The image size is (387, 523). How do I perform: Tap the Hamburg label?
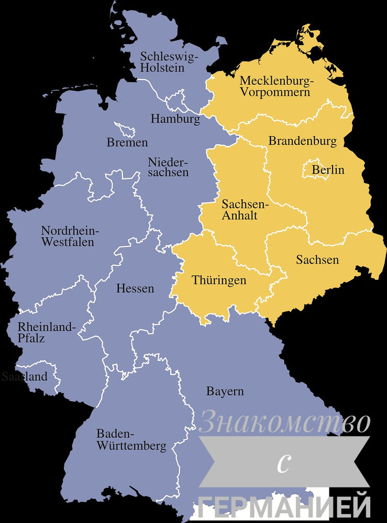tap(175, 119)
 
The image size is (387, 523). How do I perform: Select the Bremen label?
tap(127, 142)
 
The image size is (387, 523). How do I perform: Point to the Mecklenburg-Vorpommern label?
tap(275, 86)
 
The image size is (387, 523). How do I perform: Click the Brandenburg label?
tap(302, 141)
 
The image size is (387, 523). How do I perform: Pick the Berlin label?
tap(328, 170)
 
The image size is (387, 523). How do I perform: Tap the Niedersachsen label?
tap(168, 167)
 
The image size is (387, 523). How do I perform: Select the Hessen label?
tap(135, 288)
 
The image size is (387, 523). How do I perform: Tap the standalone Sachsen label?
tap(317, 260)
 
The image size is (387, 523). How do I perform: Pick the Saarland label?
tap(25, 377)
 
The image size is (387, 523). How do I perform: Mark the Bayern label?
tap(225, 391)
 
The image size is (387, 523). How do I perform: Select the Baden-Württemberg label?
tap(131, 440)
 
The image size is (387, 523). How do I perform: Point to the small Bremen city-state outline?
tap(127, 130)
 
